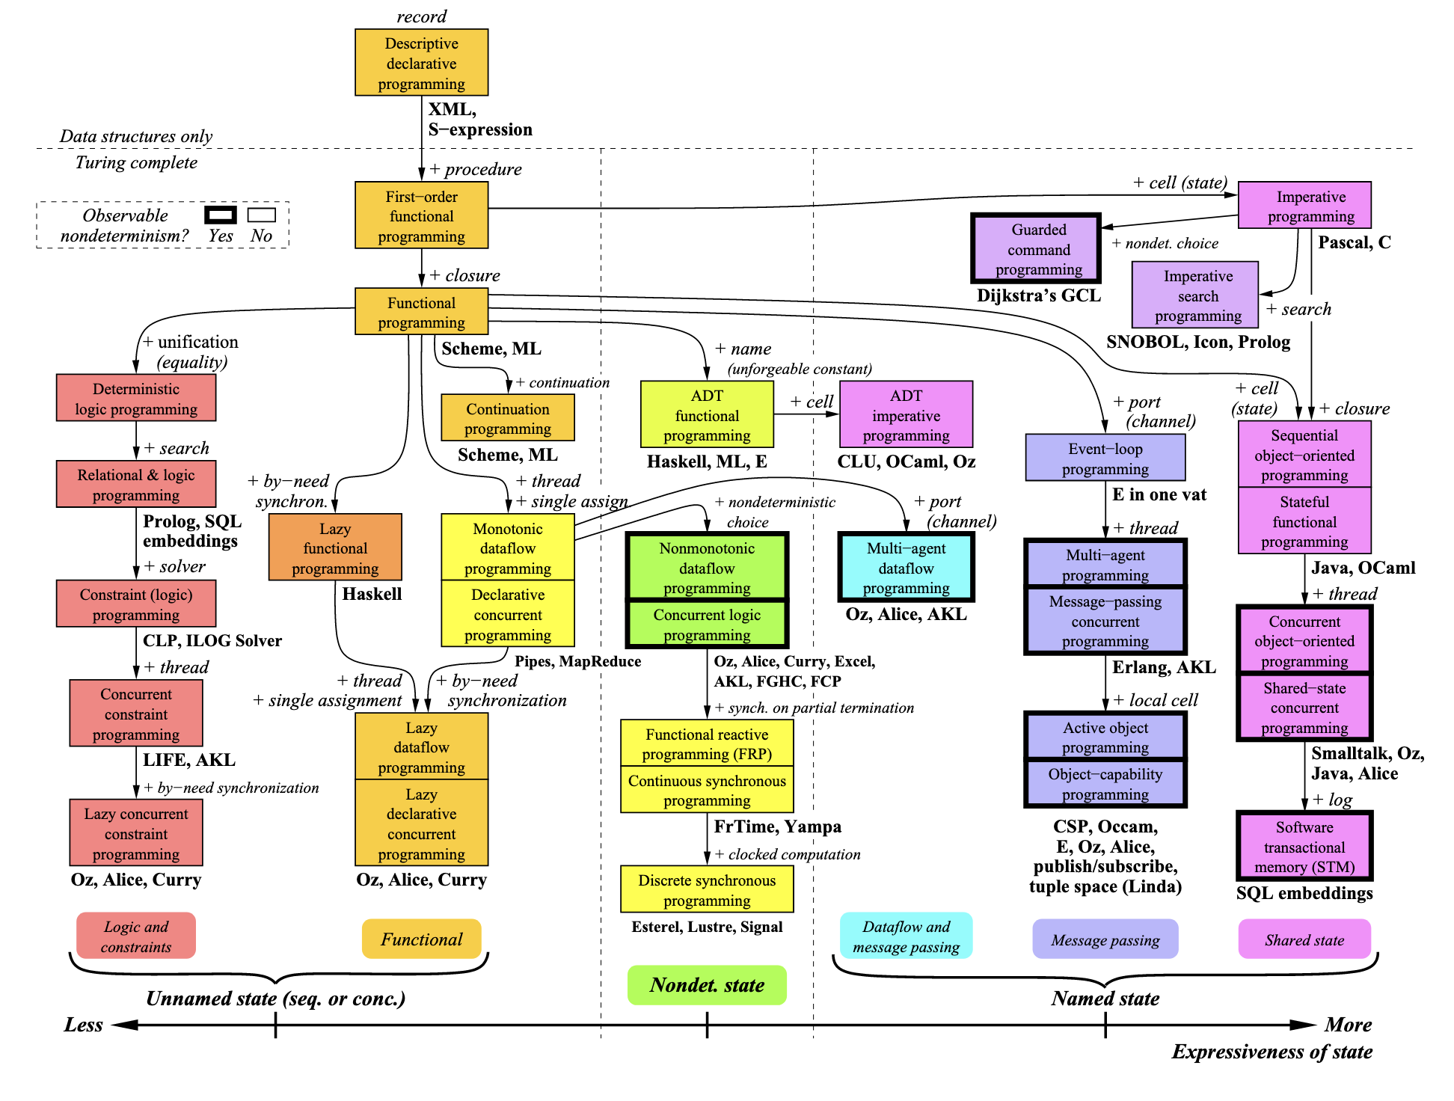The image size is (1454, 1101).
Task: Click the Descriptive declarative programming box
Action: pos(421,63)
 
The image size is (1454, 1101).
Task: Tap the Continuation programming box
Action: pos(507,418)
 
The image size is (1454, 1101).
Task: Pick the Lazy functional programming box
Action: pos(335,548)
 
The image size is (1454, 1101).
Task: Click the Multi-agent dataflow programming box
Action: pos(906,568)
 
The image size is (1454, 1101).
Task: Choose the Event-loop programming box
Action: pos(1105,458)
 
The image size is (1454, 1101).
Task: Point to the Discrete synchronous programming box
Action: pos(707,889)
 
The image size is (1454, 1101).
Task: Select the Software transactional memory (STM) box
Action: pos(1304,847)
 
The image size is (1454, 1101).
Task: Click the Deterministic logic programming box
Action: pos(136,398)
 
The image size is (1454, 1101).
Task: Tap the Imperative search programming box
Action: pos(1195,295)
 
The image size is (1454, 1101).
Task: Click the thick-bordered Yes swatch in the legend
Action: pos(221,215)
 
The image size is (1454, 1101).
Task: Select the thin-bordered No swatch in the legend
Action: pos(262,215)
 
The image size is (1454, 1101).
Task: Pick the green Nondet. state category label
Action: pos(707,985)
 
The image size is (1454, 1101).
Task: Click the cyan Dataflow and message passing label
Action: pos(906,936)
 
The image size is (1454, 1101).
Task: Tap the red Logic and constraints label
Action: pos(136,936)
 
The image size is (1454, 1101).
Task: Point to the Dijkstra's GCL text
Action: pos(1038,295)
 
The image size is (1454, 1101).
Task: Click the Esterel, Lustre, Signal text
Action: pos(707,927)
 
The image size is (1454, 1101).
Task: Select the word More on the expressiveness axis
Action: pos(1348,1025)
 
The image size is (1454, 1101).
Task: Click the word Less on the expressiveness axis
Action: pos(83,1025)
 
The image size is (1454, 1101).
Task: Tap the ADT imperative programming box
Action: pos(906,414)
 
